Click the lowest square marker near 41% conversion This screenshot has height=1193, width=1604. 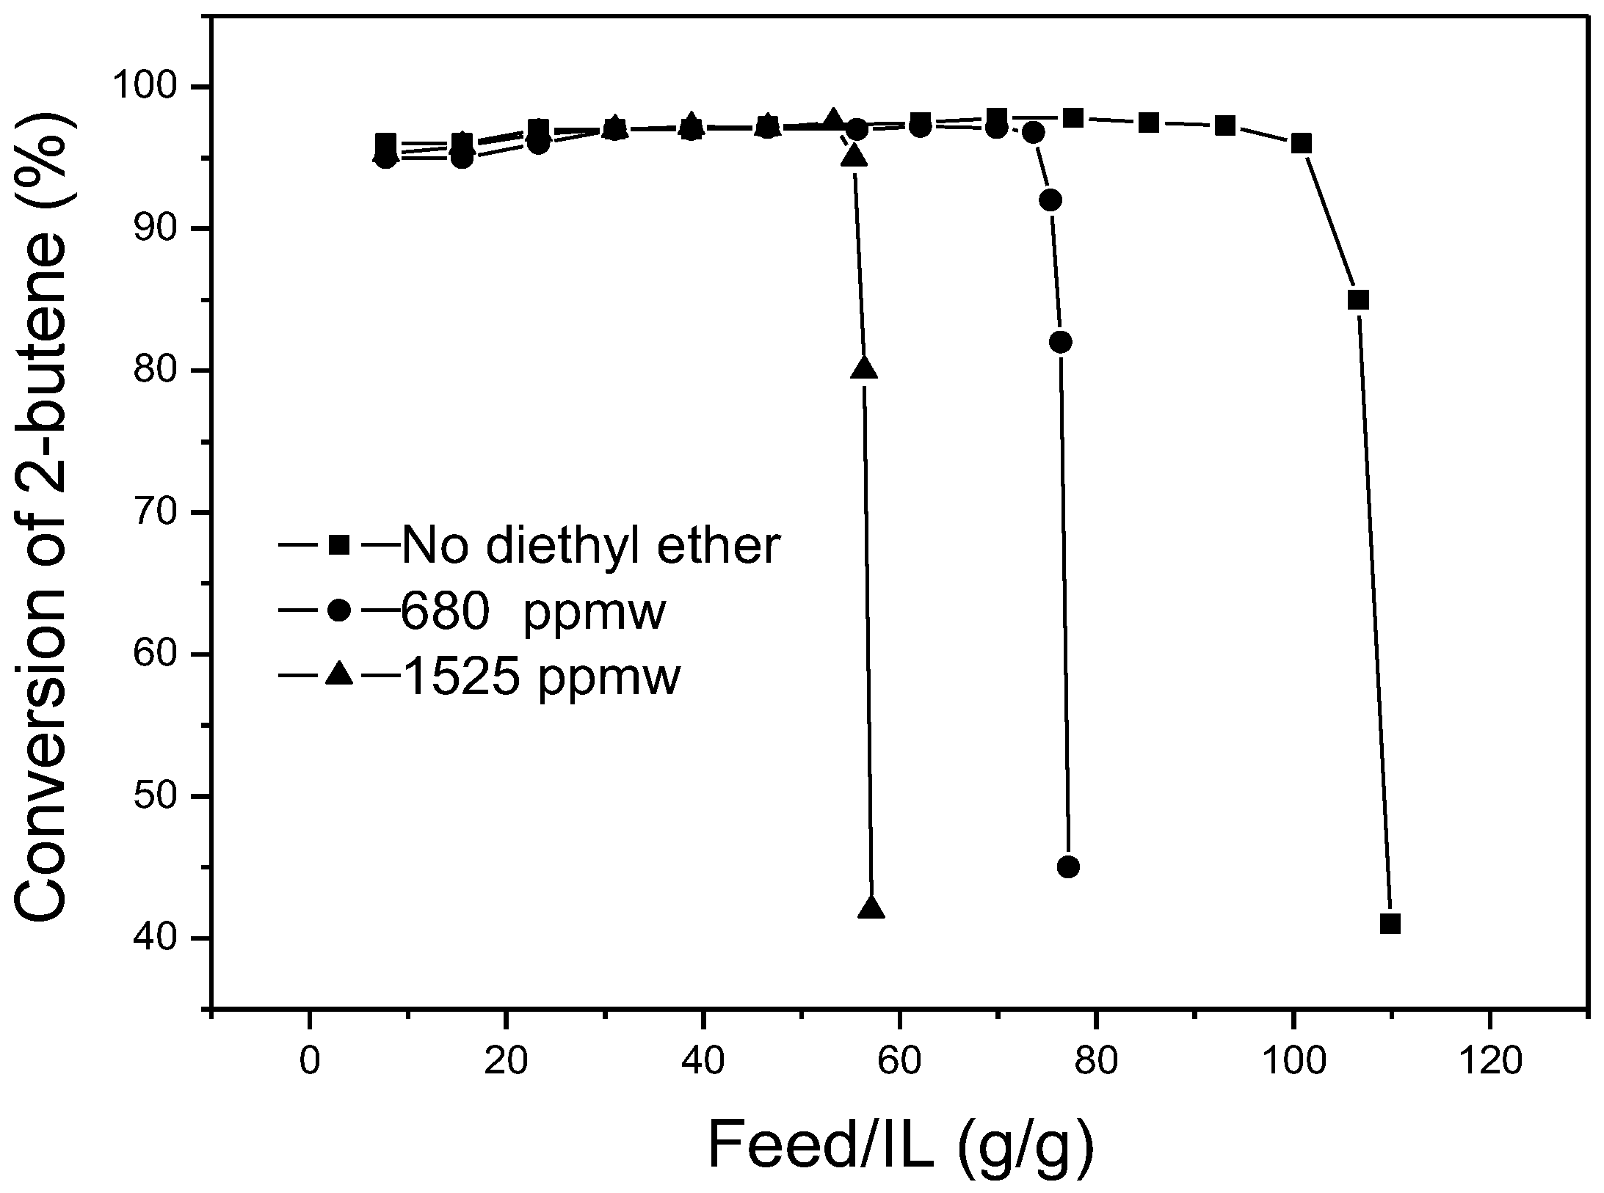pos(1390,924)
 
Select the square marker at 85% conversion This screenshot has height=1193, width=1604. pos(1358,300)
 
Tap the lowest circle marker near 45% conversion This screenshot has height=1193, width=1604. pos(1068,867)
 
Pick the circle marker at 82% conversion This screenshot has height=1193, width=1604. pos(1061,342)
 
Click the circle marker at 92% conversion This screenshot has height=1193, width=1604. pos(1050,200)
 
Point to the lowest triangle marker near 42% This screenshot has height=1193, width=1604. pos(871,908)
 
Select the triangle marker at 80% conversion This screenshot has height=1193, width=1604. pos(864,368)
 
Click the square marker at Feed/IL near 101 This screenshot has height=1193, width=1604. pos(1301,144)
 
